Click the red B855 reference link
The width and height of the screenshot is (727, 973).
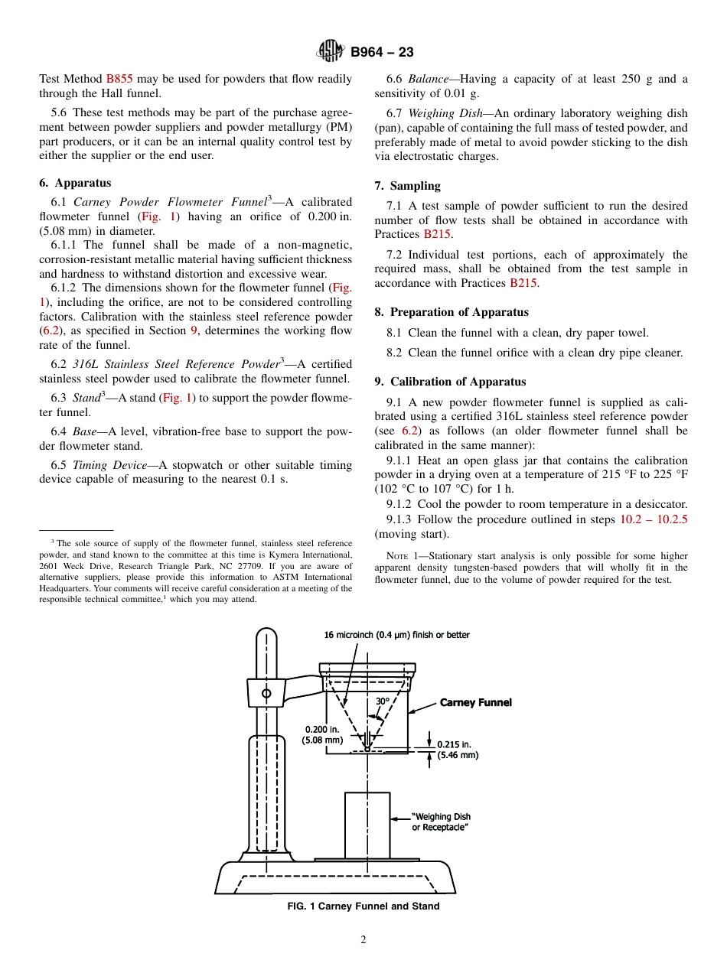pos(119,79)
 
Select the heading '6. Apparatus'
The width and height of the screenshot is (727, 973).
pos(75,183)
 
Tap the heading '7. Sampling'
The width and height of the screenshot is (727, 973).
pos(407,186)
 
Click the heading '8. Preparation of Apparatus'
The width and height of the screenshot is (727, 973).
pos(452,312)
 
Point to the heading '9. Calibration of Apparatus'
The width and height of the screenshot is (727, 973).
pos(450,382)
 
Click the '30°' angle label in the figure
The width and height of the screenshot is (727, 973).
pos(383,701)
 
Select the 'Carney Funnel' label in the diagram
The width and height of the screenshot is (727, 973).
pos(475,702)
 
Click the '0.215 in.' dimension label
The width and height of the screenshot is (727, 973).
pos(454,744)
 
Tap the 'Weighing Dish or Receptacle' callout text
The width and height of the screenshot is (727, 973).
pos(441,822)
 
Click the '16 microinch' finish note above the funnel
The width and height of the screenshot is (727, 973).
pos(396,635)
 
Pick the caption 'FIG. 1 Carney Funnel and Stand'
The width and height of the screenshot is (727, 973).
pos(363,906)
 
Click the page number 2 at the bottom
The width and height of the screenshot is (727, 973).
pos(363,940)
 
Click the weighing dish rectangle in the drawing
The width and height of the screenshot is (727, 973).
pos(367,825)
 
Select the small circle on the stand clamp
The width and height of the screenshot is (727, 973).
pos(266,694)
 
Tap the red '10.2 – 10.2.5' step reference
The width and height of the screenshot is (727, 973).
pos(654,519)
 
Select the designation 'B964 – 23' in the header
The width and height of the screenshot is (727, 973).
pos(382,52)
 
